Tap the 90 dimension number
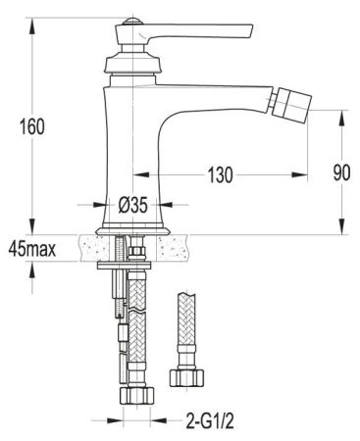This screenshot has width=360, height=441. coord(340,172)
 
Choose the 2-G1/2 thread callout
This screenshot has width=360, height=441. coord(211,423)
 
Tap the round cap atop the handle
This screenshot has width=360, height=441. coord(129,21)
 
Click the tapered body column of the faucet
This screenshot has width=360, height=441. coord(132,147)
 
